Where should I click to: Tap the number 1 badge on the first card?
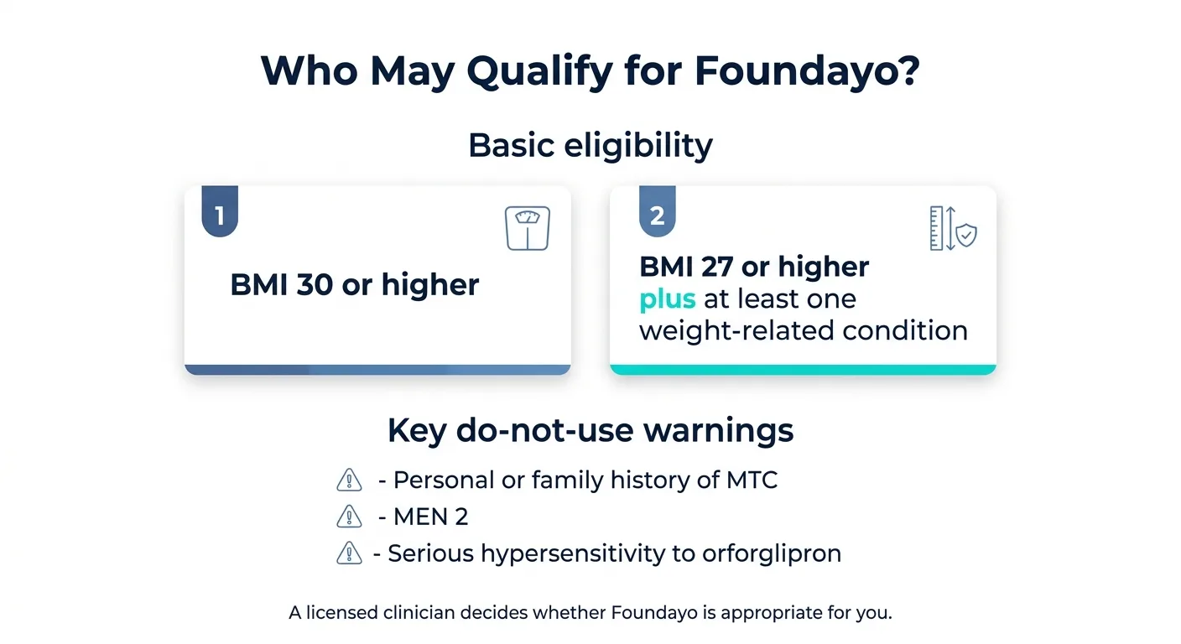[x=220, y=216]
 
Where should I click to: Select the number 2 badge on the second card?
[x=658, y=216]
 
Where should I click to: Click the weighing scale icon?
[x=528, y=228]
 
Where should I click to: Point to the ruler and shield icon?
[x=953, y=228]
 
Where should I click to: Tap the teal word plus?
[x=668, y=299]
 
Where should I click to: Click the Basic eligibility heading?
[x=590, y=145]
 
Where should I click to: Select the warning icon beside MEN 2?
[x=348, y=517]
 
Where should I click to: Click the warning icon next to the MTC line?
[x=348, y=480]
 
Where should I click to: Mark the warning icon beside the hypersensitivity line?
[x=348, y=553]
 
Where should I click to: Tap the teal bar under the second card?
[x=803, y=370]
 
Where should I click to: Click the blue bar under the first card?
[x=377, y=370]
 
